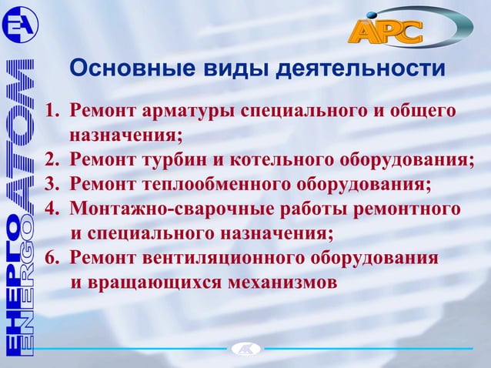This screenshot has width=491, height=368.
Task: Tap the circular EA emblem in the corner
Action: (x=17, y=25)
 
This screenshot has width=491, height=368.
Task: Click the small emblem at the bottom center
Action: (x=245, y=350)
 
